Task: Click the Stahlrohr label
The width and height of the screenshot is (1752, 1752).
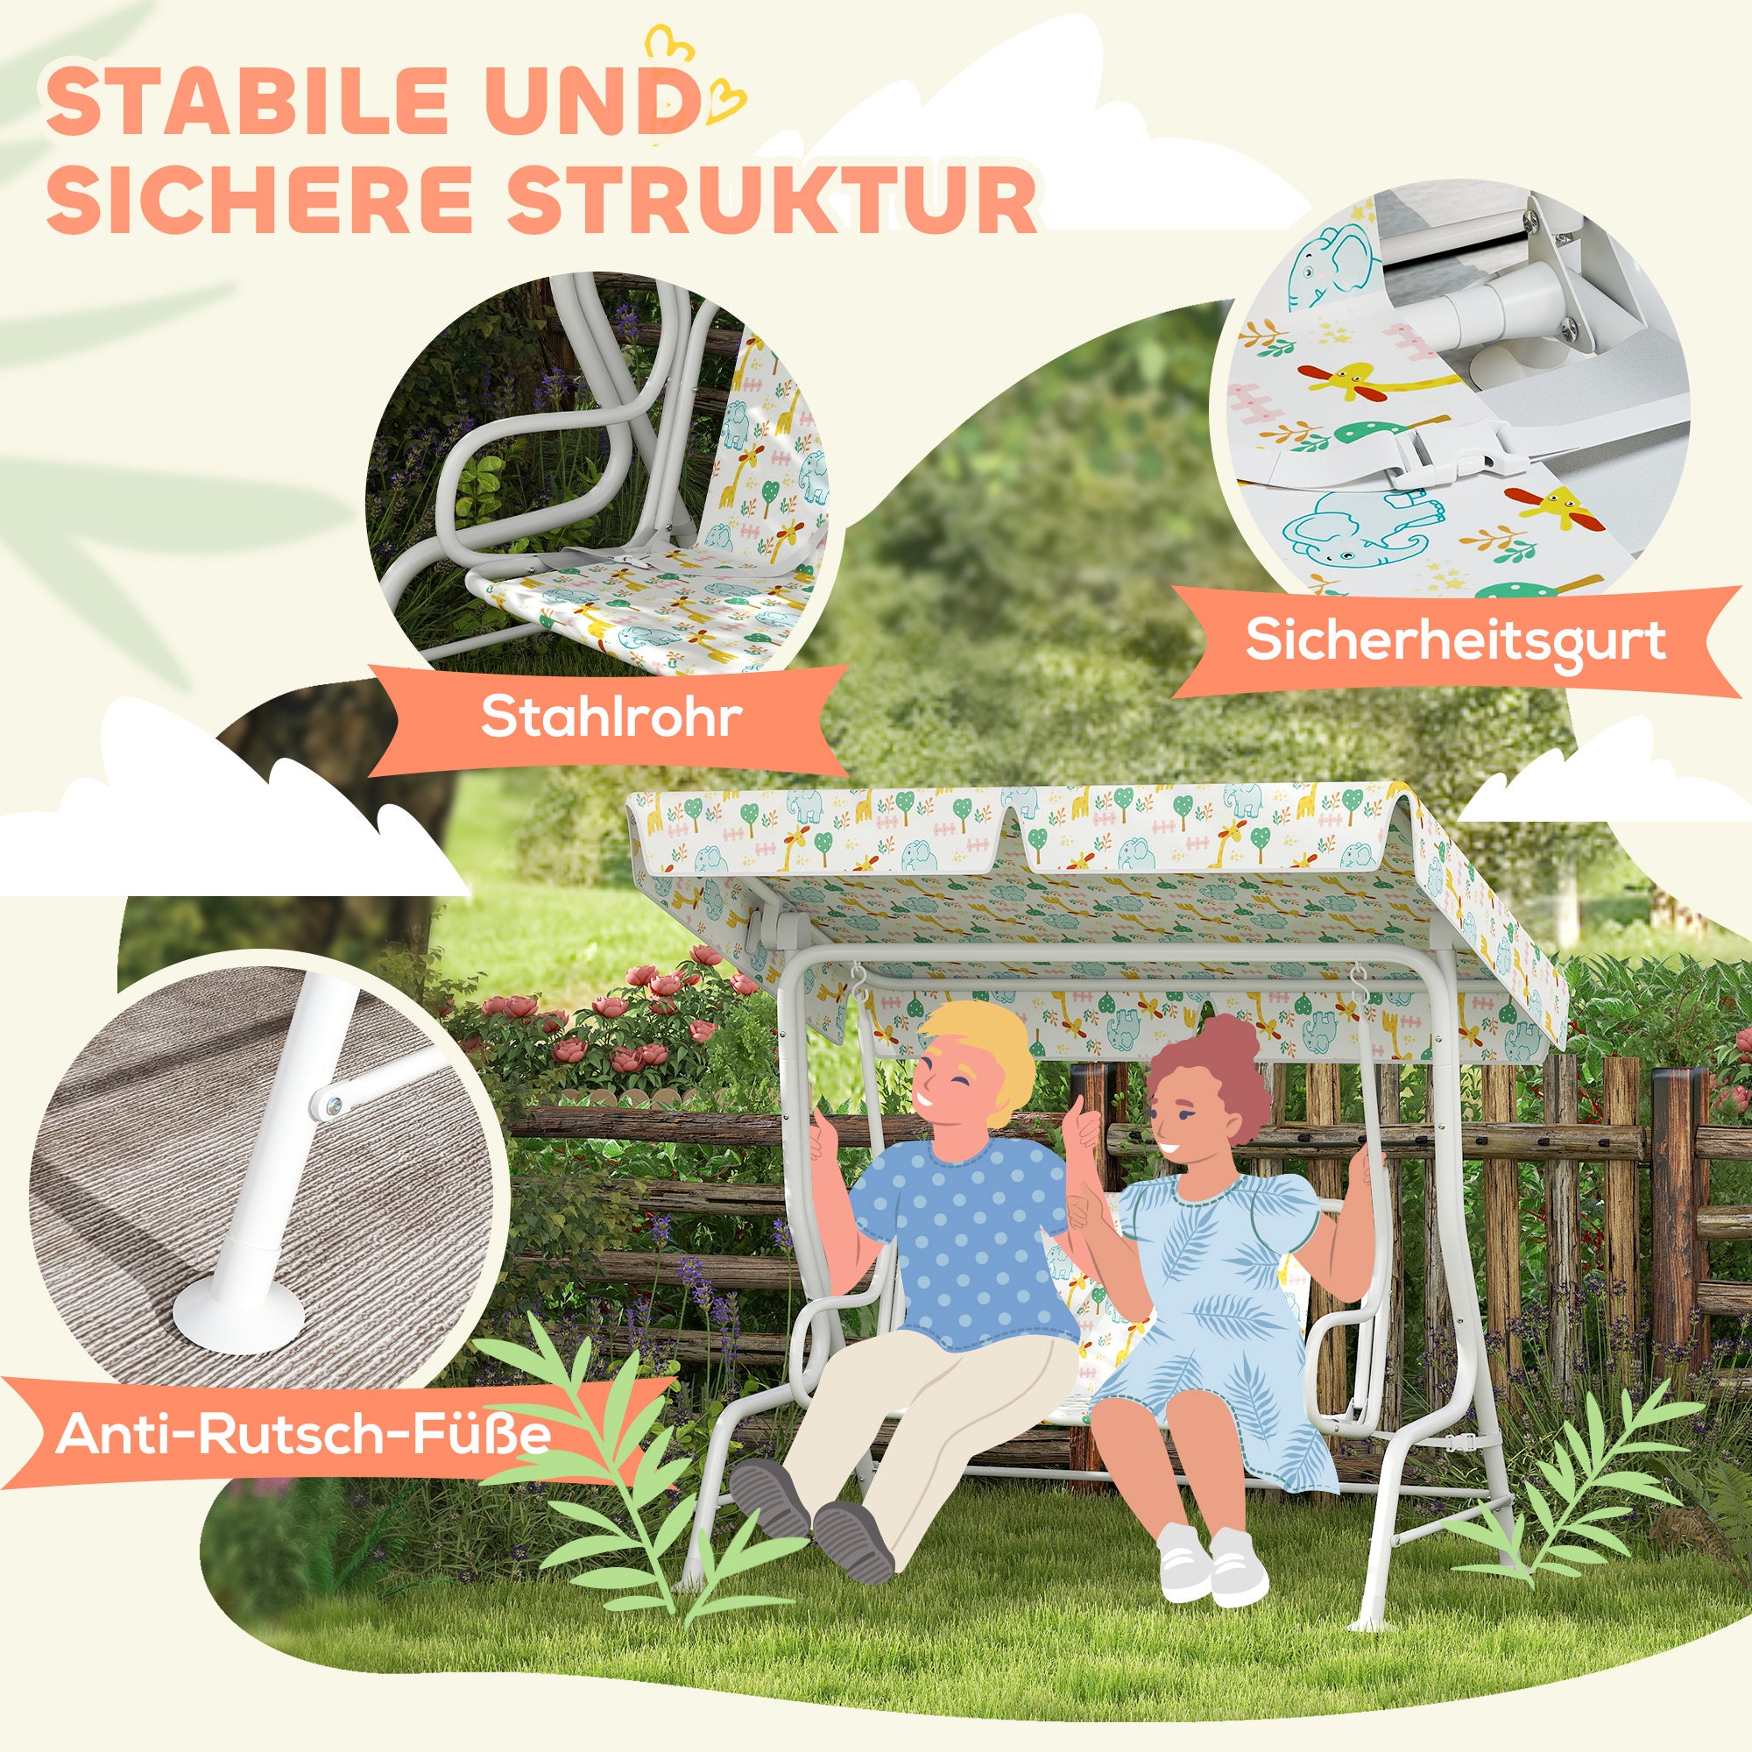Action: coord(611,717)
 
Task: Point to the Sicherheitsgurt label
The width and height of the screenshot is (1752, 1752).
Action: coord(1454,642)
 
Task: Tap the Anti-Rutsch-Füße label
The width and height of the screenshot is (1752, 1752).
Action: coord(303,1434)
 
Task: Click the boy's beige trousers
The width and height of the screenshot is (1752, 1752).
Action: coord(916,1423)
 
